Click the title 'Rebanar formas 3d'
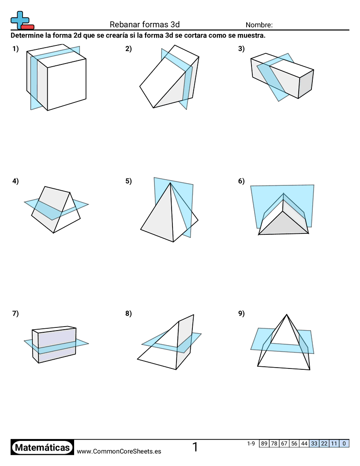[145, 25]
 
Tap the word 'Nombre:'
[259, 25]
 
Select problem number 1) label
[15, 49]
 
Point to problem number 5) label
[128, 180]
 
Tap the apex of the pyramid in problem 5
[171, 183]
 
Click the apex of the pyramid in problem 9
[287, 315]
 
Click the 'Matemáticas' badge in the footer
[42, 448]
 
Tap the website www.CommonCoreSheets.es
[119, 451]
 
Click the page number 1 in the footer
[195, 447]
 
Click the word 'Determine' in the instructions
[27, 35]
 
